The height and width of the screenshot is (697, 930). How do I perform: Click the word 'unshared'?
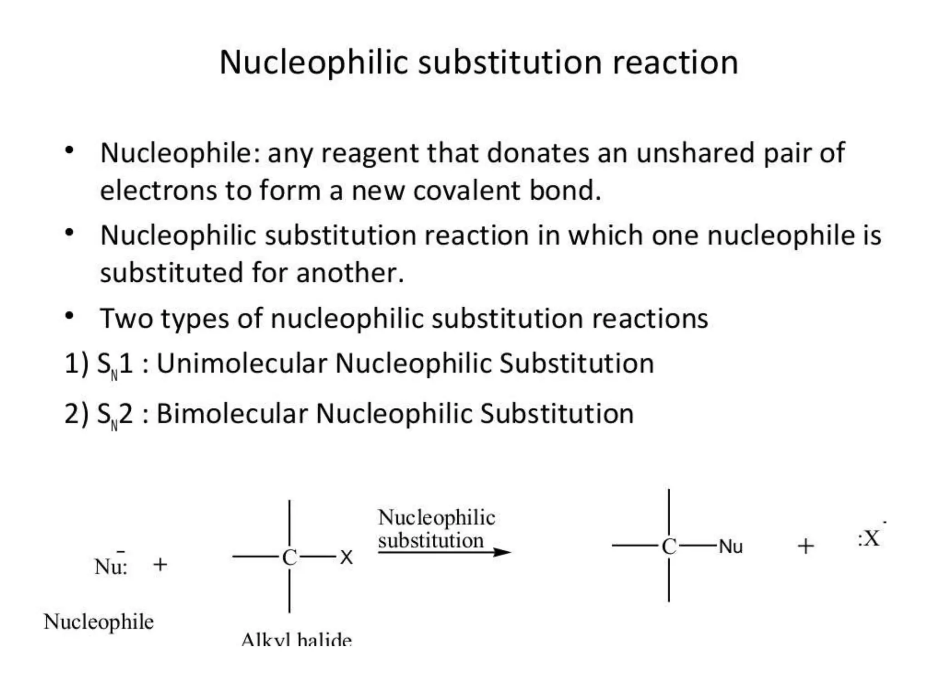[695, 153]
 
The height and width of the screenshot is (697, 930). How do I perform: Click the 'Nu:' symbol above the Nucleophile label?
[111, 566]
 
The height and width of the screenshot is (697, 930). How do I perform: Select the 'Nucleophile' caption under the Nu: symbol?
[99, 622]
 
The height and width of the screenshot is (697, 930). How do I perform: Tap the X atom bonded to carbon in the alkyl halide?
[346, 557]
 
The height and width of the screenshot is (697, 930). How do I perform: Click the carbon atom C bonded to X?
[289, 558]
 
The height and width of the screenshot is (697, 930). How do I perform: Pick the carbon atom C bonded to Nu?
[669, 546]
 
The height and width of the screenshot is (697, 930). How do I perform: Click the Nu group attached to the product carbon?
[731, 547]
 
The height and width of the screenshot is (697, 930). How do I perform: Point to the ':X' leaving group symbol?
[869, 539]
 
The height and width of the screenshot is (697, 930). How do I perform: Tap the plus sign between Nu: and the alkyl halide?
[160, 565]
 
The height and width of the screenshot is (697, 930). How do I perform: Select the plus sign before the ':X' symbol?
[806, 546]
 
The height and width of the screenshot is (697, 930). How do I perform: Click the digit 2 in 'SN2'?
[126, 414]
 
